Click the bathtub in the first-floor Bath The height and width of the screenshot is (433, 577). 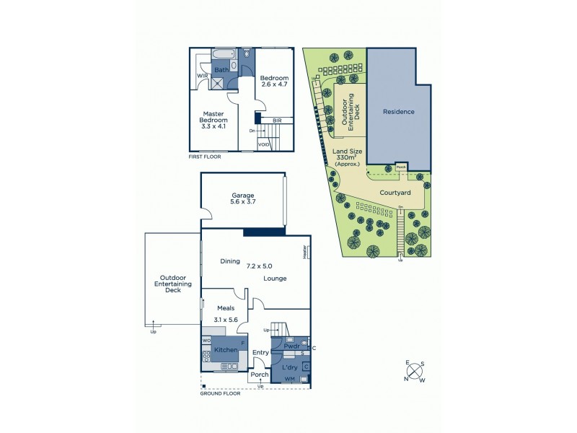[223, 54]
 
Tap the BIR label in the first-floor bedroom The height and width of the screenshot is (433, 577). [277, 120]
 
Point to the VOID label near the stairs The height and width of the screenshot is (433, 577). [265, 144]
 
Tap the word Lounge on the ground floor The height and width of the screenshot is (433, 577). [275, 279]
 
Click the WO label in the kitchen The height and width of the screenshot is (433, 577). [206, 340]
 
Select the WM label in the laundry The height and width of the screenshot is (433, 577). [290, 380]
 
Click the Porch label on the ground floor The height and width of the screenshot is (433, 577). [259, 375]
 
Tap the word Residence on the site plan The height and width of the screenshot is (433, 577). [398, 112]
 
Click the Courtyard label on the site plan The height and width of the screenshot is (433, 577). [395, 193]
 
